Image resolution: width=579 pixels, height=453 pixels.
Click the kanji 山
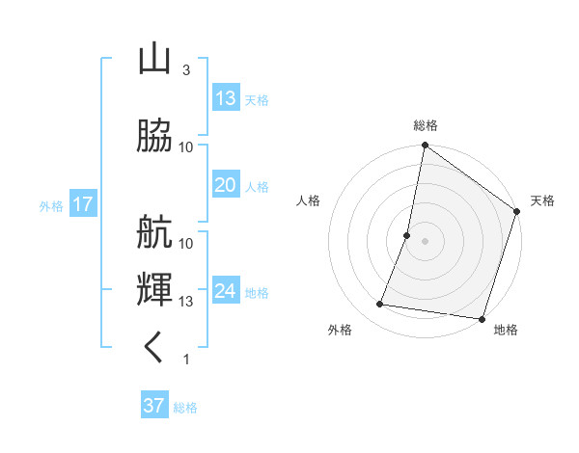tap(154, 60)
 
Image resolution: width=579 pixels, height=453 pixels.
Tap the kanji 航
tap(154, 231)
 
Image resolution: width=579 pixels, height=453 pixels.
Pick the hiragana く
tap(154, 347)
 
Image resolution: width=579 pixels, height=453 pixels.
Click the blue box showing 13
tap(226, 97)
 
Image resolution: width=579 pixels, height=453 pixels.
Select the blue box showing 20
tap(226, 185)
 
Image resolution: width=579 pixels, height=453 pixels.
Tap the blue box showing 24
tap(226, 291)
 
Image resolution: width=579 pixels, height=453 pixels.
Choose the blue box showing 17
tap(82, 204)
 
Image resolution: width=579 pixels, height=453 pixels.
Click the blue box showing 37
tap(154, 406)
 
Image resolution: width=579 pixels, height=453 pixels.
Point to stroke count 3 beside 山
tap(186, 70)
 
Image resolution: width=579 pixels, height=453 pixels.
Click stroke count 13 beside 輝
tap(187, 302)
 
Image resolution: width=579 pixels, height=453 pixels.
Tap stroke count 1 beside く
tap(186, 360)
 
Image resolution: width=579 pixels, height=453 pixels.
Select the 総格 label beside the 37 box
tap(185, 408)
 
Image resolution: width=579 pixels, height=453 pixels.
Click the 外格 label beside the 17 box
tap(51, 206)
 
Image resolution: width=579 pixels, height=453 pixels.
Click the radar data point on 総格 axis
tap(425, 147)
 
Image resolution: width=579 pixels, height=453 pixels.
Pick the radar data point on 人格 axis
tap(407, 235)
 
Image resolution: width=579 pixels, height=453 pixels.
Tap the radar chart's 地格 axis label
tap(506, 330)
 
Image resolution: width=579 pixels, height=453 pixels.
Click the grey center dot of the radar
tap(425, 241)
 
